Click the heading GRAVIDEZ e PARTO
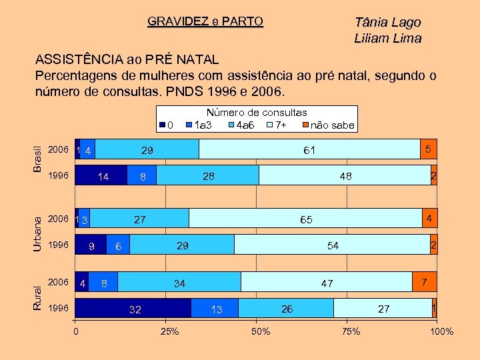pos(205,21)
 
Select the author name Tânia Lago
pos(387,22)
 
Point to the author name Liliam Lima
pos(387,38)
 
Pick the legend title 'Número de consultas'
pos(257,113)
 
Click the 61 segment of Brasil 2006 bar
pos(309,150)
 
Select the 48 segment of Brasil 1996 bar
pos(345,176)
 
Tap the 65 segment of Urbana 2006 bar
pos(305,219)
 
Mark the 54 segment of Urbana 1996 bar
pos(332,245)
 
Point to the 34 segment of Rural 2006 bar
pos(179,283)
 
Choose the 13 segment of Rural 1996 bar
pos(215,309)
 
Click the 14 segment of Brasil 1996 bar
pos(101,177)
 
